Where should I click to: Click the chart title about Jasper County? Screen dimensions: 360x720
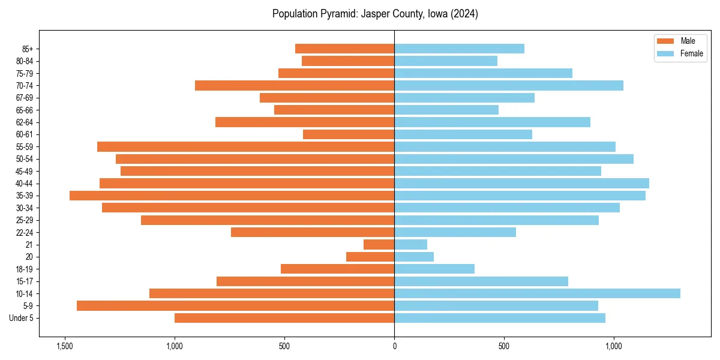pyautogui.click(x=375, y=14)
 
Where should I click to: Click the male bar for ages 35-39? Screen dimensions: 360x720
pyautogui.click(x=232, y=196)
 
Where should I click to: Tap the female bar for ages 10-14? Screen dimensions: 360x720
pyautogui.click(x=537, y=293)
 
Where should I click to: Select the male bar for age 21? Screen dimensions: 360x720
pyautogui.click(x=379, y=245)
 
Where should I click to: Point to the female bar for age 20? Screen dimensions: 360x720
pyautogui.click(x=414, y=257)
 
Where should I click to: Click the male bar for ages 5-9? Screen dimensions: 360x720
pyautogui.click(x=235, y=306)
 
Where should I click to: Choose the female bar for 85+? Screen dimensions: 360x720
pyautogui.click(x=459, y=49)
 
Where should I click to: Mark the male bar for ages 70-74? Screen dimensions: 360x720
pyautogui.click(x=295, y=86)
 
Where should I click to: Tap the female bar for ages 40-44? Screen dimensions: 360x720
pyautogui.click(x=521, y=184)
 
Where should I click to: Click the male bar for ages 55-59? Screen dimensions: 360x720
pyautogui.click(x=245, y=147)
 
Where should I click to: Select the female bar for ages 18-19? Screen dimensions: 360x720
pyautogui.click(x=434, y=269)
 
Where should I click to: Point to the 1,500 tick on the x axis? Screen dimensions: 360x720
pyautogui.click(x=65, y=346)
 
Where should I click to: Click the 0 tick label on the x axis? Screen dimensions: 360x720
pyautogui.click(x=394, y=346)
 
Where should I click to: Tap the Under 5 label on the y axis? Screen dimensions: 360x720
pyautogui.click(x=21, y=318)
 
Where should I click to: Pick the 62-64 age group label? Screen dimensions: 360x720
pyautogui.click(x=25, y=122)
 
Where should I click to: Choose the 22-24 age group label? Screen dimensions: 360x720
pyautogui.click(x=25, y=233)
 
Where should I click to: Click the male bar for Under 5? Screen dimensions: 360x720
pyautogui.click(x=284, y=318)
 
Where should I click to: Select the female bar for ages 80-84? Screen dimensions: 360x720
pyautogui.click(x=446, y=61)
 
